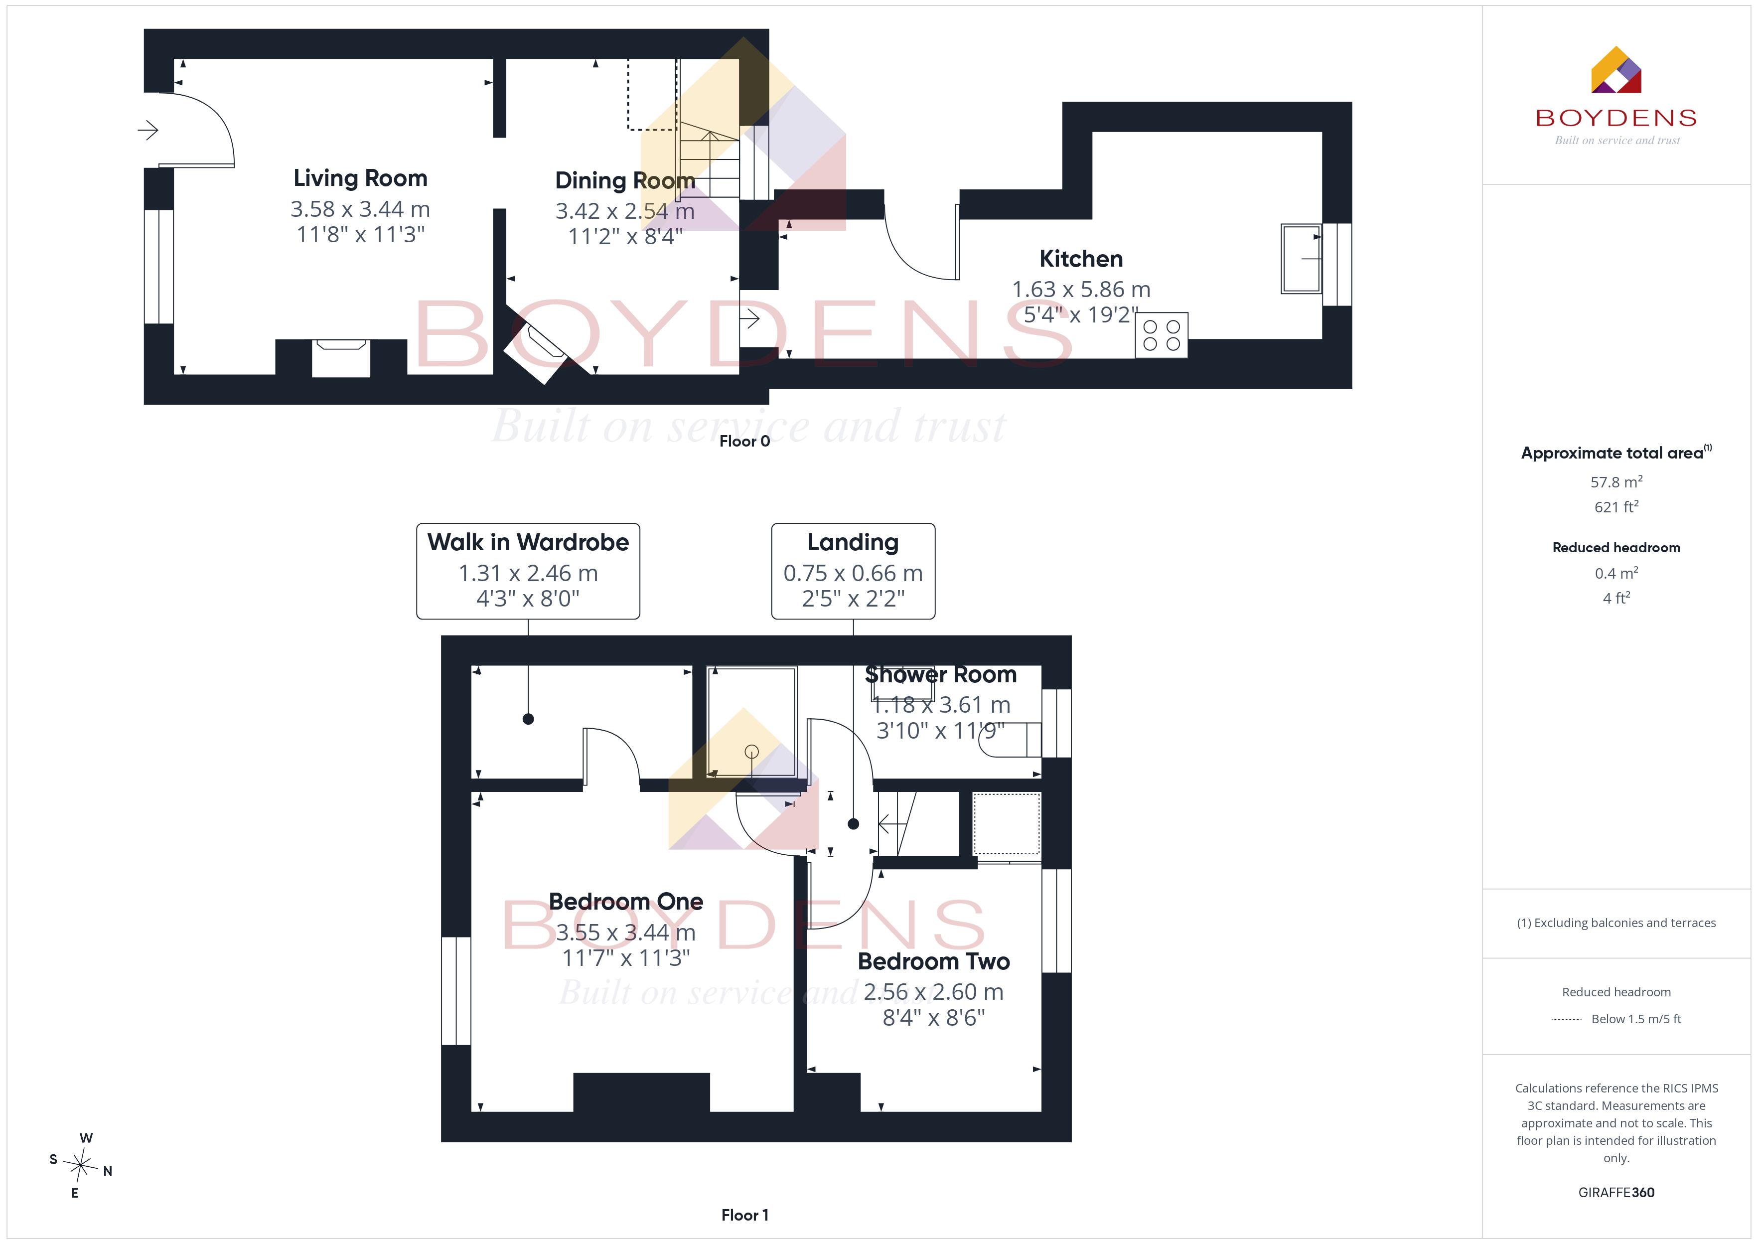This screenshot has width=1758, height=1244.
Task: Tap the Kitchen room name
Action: point(1081,259)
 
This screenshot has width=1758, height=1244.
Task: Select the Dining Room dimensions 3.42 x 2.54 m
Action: point(625,211)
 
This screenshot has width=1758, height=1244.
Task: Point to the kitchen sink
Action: point(1301,258)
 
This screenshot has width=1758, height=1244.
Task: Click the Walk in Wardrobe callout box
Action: point(528,571)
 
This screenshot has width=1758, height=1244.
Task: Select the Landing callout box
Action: point(853,571)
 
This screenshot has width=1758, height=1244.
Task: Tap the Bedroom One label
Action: point(625,902)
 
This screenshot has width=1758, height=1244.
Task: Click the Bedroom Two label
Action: point(933,961)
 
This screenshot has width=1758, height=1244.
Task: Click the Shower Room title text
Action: point(940,675)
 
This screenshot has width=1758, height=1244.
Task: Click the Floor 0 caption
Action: point(744,441)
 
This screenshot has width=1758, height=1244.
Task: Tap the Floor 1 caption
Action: point(744,1215)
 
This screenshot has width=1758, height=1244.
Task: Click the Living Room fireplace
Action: point(341,358)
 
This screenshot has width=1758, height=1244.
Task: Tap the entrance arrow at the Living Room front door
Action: point(148,130)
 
